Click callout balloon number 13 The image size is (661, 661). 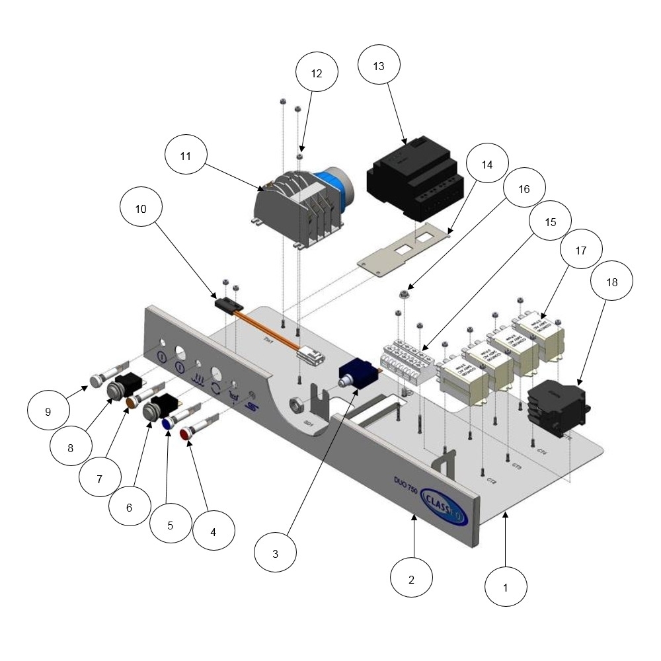379,67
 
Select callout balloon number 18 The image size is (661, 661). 612,282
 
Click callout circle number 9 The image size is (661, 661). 48,411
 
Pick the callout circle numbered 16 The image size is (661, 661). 524,188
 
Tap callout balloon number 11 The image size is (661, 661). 186,156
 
